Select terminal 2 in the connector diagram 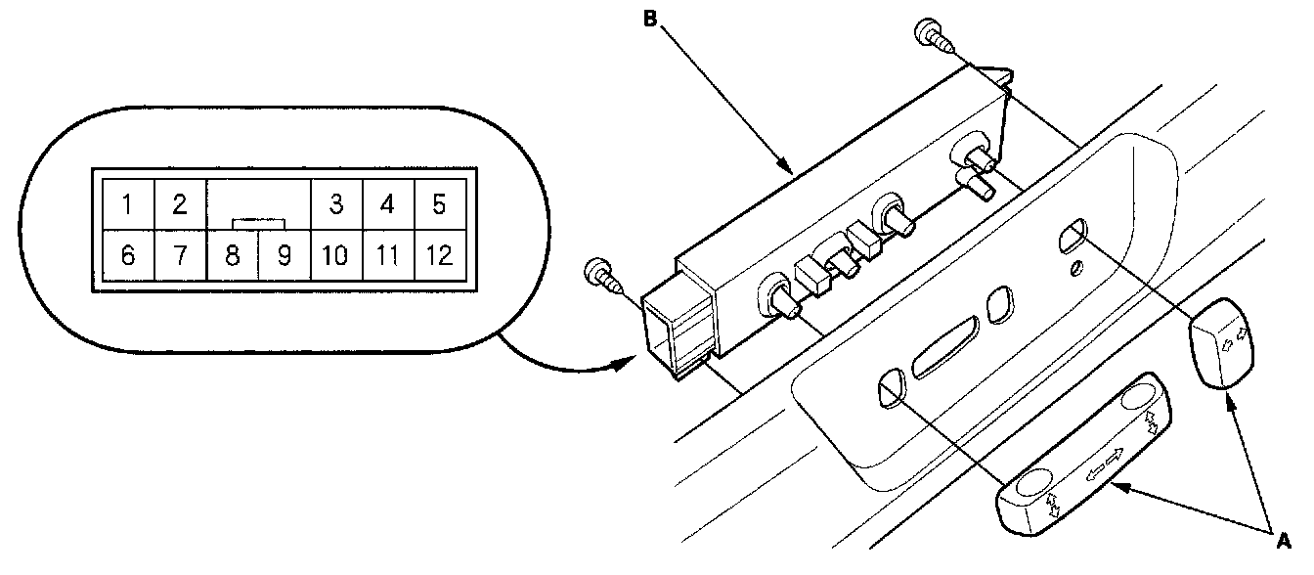point(179,204)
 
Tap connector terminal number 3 point(335,204)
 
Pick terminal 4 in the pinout point(387,204)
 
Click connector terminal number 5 point(438,204)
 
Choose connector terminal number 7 point(179,256)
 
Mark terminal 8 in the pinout point(232,256)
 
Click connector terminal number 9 point(284,256)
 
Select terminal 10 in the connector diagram point(335,256)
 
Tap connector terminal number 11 point(387,256)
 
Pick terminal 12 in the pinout point(438,256)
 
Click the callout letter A point(1283,537)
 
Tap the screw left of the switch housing point(599,275)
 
